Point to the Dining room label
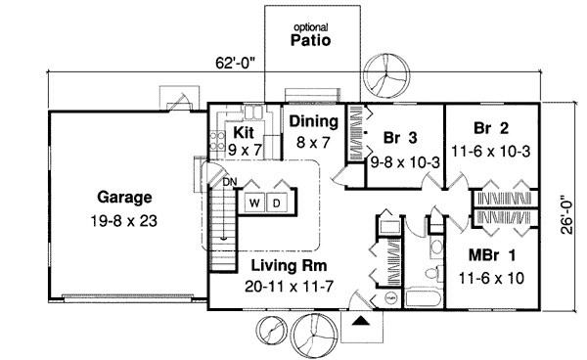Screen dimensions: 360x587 tap(312, 122)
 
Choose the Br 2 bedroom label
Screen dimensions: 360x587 tap(493, 128)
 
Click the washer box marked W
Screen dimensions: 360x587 tap(253, 202)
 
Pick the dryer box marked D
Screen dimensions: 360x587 tap(276, 202)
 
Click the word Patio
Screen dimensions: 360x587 tap(310, 41)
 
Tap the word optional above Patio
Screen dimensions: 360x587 tap(310, 26)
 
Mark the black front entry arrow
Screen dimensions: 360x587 tap(361, 318)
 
